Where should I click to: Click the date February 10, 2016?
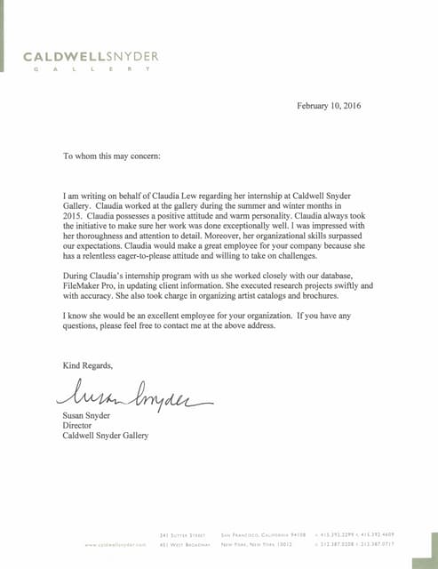(329, 106)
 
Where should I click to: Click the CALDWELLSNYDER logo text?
(92, 57)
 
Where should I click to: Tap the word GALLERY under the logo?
(92, 70)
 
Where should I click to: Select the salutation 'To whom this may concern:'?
(112, 156)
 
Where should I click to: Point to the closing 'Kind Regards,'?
(88, 365)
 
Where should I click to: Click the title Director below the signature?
(78, 425)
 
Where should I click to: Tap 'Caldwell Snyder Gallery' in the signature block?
(106, 436)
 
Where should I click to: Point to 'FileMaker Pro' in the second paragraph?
(92, 275)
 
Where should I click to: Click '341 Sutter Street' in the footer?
(182, 535)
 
